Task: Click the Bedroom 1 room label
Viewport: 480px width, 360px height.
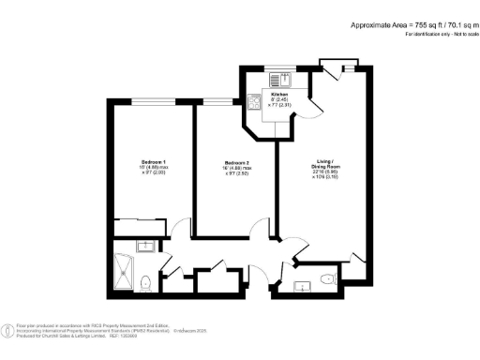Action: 141,162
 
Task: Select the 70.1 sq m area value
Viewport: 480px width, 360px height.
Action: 449,24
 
